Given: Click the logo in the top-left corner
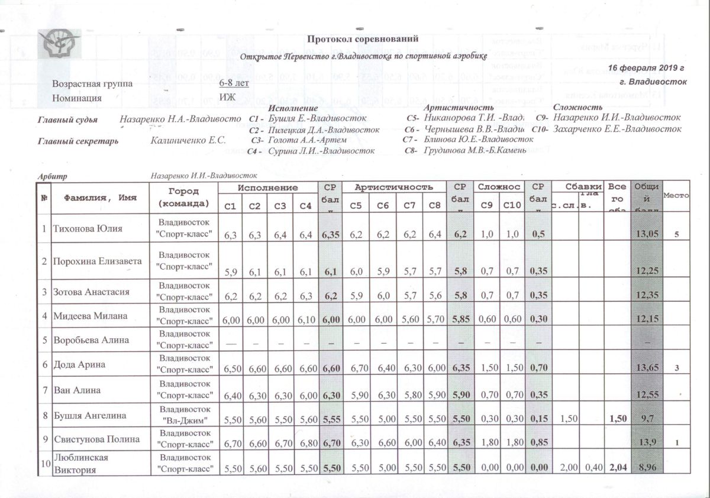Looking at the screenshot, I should [x=59, y=44].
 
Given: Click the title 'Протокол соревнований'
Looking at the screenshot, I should [x=363, y=39].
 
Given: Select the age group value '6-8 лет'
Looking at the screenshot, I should [x=234, y=83].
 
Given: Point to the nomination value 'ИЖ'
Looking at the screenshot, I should [x=226, y=98].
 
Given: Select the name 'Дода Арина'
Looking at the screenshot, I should [x=79, y=364].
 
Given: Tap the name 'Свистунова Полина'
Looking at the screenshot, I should [x=96, y=439].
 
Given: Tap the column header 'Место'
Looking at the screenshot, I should [x=676, y=196].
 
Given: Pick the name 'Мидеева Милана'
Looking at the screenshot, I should [x=90, y=316].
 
